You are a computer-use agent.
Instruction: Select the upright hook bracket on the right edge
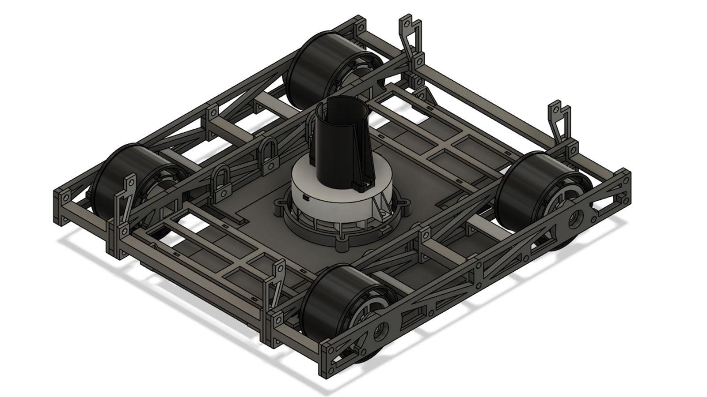pos(559,119)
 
